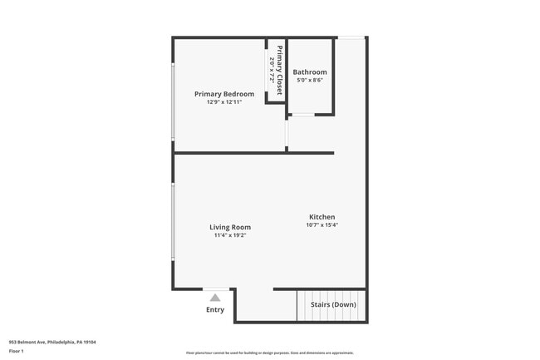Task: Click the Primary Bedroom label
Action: [x=224, y=94]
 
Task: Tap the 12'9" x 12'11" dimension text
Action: [x=224, y=102]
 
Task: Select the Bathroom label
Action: [x=310, y=72]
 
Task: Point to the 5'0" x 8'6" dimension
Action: [x=310, y=81]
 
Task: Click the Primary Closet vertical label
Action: [x=280, y=71]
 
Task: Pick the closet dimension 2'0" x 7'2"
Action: [x=272, y=71]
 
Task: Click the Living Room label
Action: [x=230, y=227]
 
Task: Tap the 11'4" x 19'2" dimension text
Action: [x=230, y=235]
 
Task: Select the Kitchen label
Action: [x=322, y=216]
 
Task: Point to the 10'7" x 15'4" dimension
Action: [x=322, y=224]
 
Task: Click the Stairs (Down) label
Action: [x=333, y=305]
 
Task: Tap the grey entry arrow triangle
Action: [x=215, y=297]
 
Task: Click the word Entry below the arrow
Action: [x=215, y=310]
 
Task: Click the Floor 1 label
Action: [x=16, y=351]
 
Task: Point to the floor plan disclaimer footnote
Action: [x=270, y=353]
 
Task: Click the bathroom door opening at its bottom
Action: [x=302, y=115]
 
